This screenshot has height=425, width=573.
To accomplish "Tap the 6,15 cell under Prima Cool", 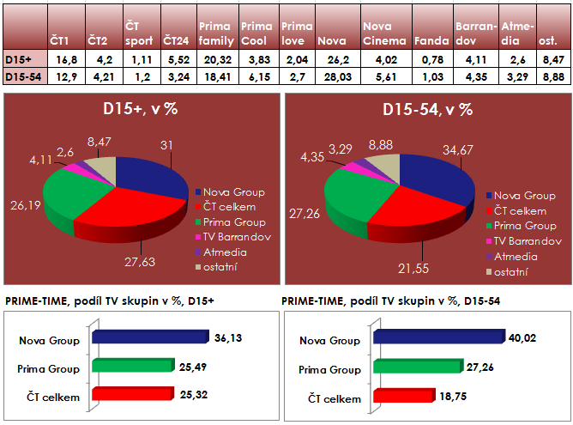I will [258, 76].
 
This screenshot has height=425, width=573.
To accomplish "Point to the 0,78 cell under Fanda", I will [430, 60].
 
